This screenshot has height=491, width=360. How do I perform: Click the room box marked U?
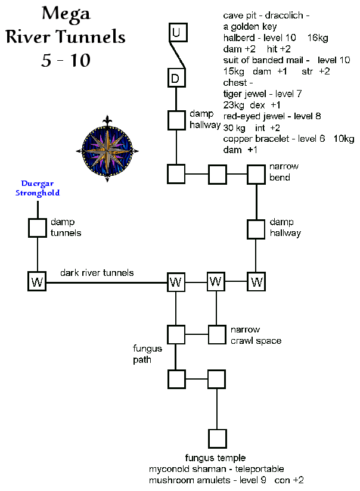pyautogui.click(x=176, y=32)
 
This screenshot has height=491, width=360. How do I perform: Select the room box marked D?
pyautogui.click(x=176, y=78)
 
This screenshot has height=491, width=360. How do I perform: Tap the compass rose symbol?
pyautogui.click(x=107, y=148)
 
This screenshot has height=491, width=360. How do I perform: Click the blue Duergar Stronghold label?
pyautogui.click(x=38, y=189)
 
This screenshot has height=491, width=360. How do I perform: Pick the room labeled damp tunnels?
pyautogui.click(x=38, y=227)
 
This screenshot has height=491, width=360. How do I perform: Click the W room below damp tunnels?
pyautogui.click(x=38, y=281)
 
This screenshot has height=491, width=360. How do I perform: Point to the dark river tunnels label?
pyautogui.click(x=97, y=272)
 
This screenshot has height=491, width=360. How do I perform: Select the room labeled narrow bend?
pyautogui.click(x=256, y=175)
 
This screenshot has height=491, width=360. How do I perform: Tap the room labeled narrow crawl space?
pyautogui.click(x=216, y=334)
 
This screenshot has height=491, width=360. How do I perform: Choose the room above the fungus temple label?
pyautogui.click(x=216, y=439)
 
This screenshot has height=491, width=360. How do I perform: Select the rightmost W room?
pyautogui.click(x=256, y=281)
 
